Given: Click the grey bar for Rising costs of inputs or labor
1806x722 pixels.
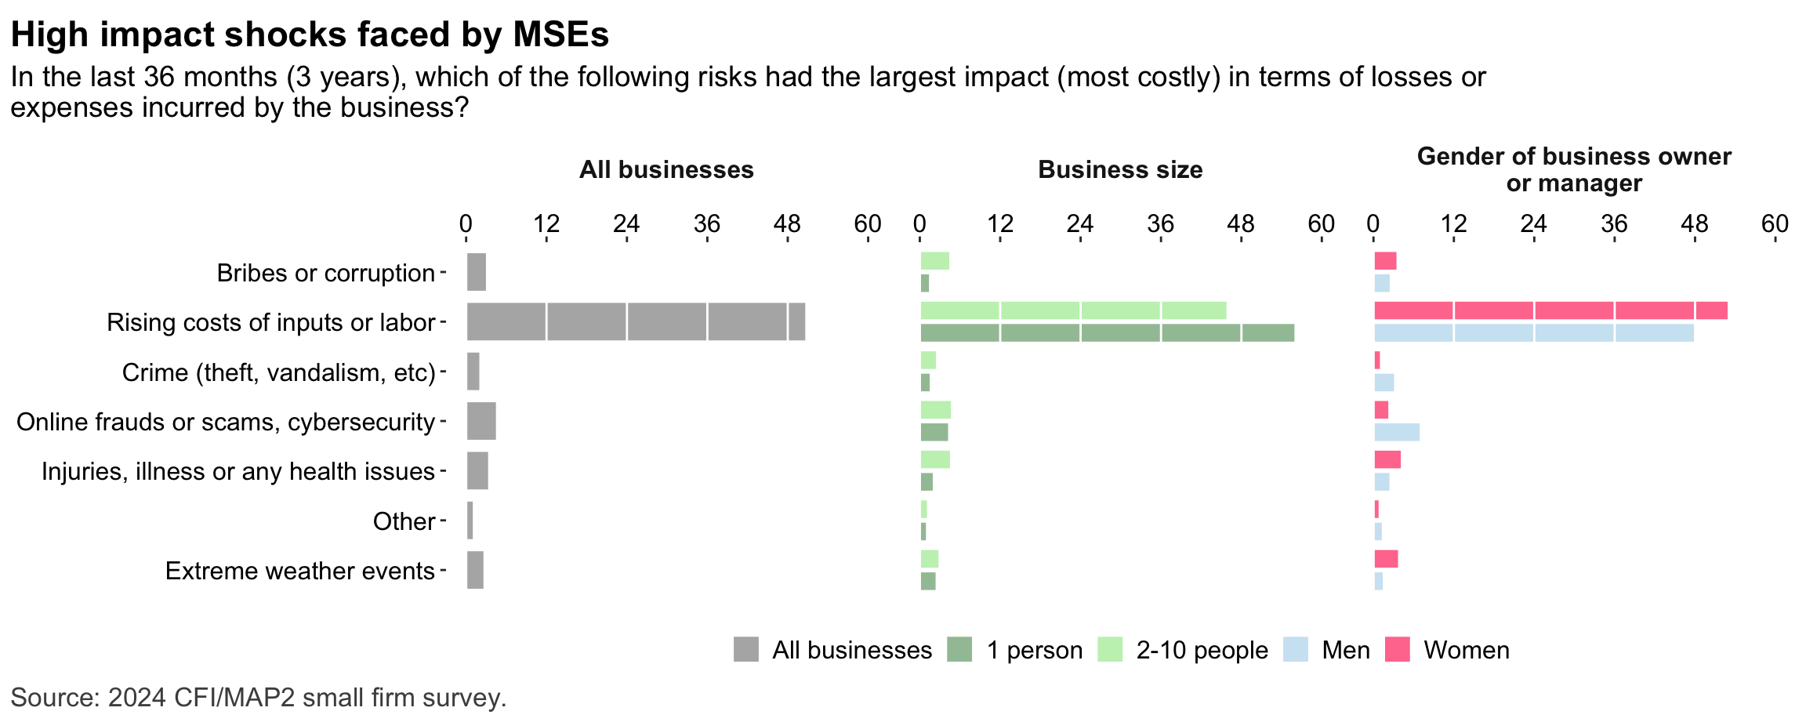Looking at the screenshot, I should click(x=636, y=321).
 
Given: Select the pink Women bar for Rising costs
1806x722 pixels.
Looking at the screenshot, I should click(x=1550, y=310).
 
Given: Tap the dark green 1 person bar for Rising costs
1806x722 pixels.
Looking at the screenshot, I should click(x=1107, y=332).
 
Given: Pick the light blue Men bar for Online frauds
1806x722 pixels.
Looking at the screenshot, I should click(x=1396, y=432).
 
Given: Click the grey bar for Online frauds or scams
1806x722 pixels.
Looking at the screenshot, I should click(x=481, y=421).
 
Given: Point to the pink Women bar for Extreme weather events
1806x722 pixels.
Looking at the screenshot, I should click(x=1386, y=559).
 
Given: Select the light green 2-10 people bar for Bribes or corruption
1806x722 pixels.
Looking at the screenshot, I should click(x=934, y=261).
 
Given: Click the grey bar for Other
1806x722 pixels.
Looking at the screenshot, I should click(x=470, y=521).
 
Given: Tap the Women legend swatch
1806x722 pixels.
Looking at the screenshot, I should click(x=1397, y=650).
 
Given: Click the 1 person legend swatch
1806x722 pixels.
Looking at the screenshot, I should click(x=959, y=650).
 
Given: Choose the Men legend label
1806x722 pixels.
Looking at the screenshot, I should click(x=1346, y=650).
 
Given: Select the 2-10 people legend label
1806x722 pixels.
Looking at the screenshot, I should click(x=1202, y=650).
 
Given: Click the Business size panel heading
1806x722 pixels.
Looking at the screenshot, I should click(x=1120, y=169).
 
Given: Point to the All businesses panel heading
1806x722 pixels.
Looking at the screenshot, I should click(x=666, y=169).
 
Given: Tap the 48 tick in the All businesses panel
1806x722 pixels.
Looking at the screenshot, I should click(x=787, y=224).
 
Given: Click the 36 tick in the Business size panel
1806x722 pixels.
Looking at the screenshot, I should click(x=1160, y=224).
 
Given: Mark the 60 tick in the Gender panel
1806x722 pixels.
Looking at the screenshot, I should click(x=1775, y=224).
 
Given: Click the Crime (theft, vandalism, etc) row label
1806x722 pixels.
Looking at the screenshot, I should click(x=278, y=372).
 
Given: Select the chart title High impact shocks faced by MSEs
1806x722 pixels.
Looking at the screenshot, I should click(x=310, y=34).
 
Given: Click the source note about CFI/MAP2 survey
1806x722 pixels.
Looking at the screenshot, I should click(x=259, y=697).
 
